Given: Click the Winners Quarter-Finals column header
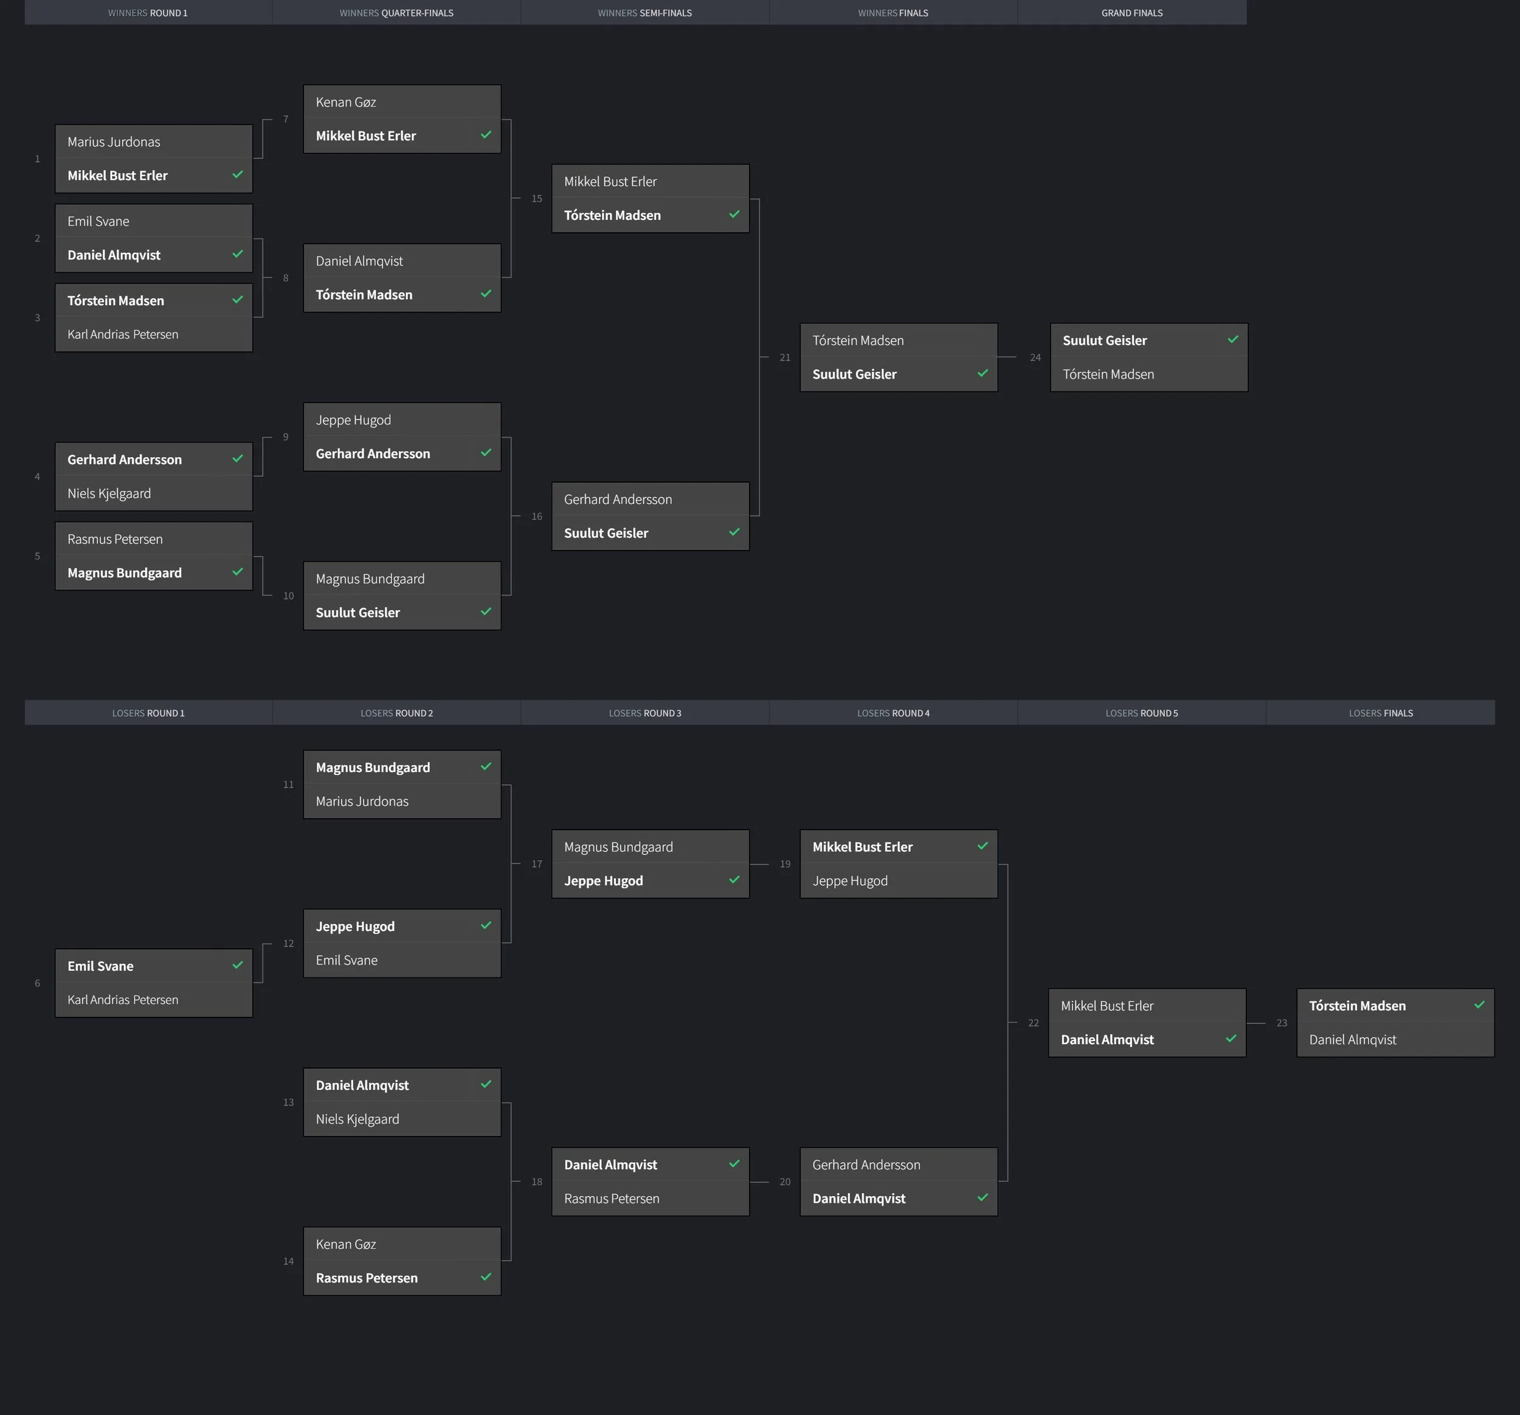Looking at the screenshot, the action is click(396, 13).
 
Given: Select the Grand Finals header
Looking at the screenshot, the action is click(1131, 13).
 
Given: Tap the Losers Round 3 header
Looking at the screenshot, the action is click(644, 713).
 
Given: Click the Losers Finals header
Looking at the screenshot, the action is click(1380, 713).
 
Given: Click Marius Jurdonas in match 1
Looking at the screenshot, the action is click(114, 142).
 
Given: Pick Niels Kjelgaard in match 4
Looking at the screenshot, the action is click(109, 494).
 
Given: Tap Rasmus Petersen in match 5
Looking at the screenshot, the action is click(115, 540).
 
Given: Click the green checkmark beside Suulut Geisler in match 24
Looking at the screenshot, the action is click(1232, 339).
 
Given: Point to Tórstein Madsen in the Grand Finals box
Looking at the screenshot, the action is click(1108, 374).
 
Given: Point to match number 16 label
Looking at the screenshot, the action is click(537, 517).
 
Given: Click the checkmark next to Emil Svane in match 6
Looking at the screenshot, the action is click(238, 965).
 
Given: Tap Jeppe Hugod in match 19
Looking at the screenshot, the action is click(850, 881).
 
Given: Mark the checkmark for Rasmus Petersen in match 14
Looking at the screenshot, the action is click(486, 1276).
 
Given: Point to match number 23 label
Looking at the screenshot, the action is click(1282, 1024).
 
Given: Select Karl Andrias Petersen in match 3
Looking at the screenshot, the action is click(122, 335).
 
